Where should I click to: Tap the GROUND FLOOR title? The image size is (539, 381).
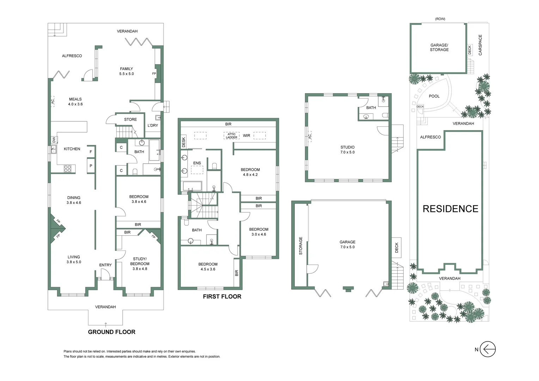tap(111, 332)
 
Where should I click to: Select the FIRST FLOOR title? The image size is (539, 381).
tap(222, 297)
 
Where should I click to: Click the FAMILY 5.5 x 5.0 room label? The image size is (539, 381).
tap(127, 71)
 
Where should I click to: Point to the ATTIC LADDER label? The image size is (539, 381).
tap(232, 136)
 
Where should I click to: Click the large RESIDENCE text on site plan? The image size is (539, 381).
tap(450, 209)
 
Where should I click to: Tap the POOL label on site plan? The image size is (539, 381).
tap(434, 96)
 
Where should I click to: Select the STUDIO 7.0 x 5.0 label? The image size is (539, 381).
tap(347, 150)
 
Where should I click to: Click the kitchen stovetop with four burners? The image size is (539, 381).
tap(67, 169)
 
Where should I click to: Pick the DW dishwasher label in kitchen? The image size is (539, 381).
tap(54, 140)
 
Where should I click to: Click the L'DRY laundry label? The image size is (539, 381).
tap(153, 126)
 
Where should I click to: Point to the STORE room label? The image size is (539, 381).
tap(130, 120)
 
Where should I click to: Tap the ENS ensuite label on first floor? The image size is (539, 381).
tap(197, 163)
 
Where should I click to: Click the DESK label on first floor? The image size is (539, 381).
tap(183, 143)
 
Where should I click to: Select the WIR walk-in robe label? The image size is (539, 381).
tap(246, 135)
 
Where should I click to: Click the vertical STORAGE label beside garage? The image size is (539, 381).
tap(301, 246)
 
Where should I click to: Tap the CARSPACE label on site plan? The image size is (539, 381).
tap(480, 45)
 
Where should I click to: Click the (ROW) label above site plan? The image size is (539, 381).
tap(440, 19)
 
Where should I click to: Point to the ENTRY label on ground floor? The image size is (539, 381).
tap(105, 265)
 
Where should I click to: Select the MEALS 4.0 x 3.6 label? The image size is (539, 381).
tap(75, 102)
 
